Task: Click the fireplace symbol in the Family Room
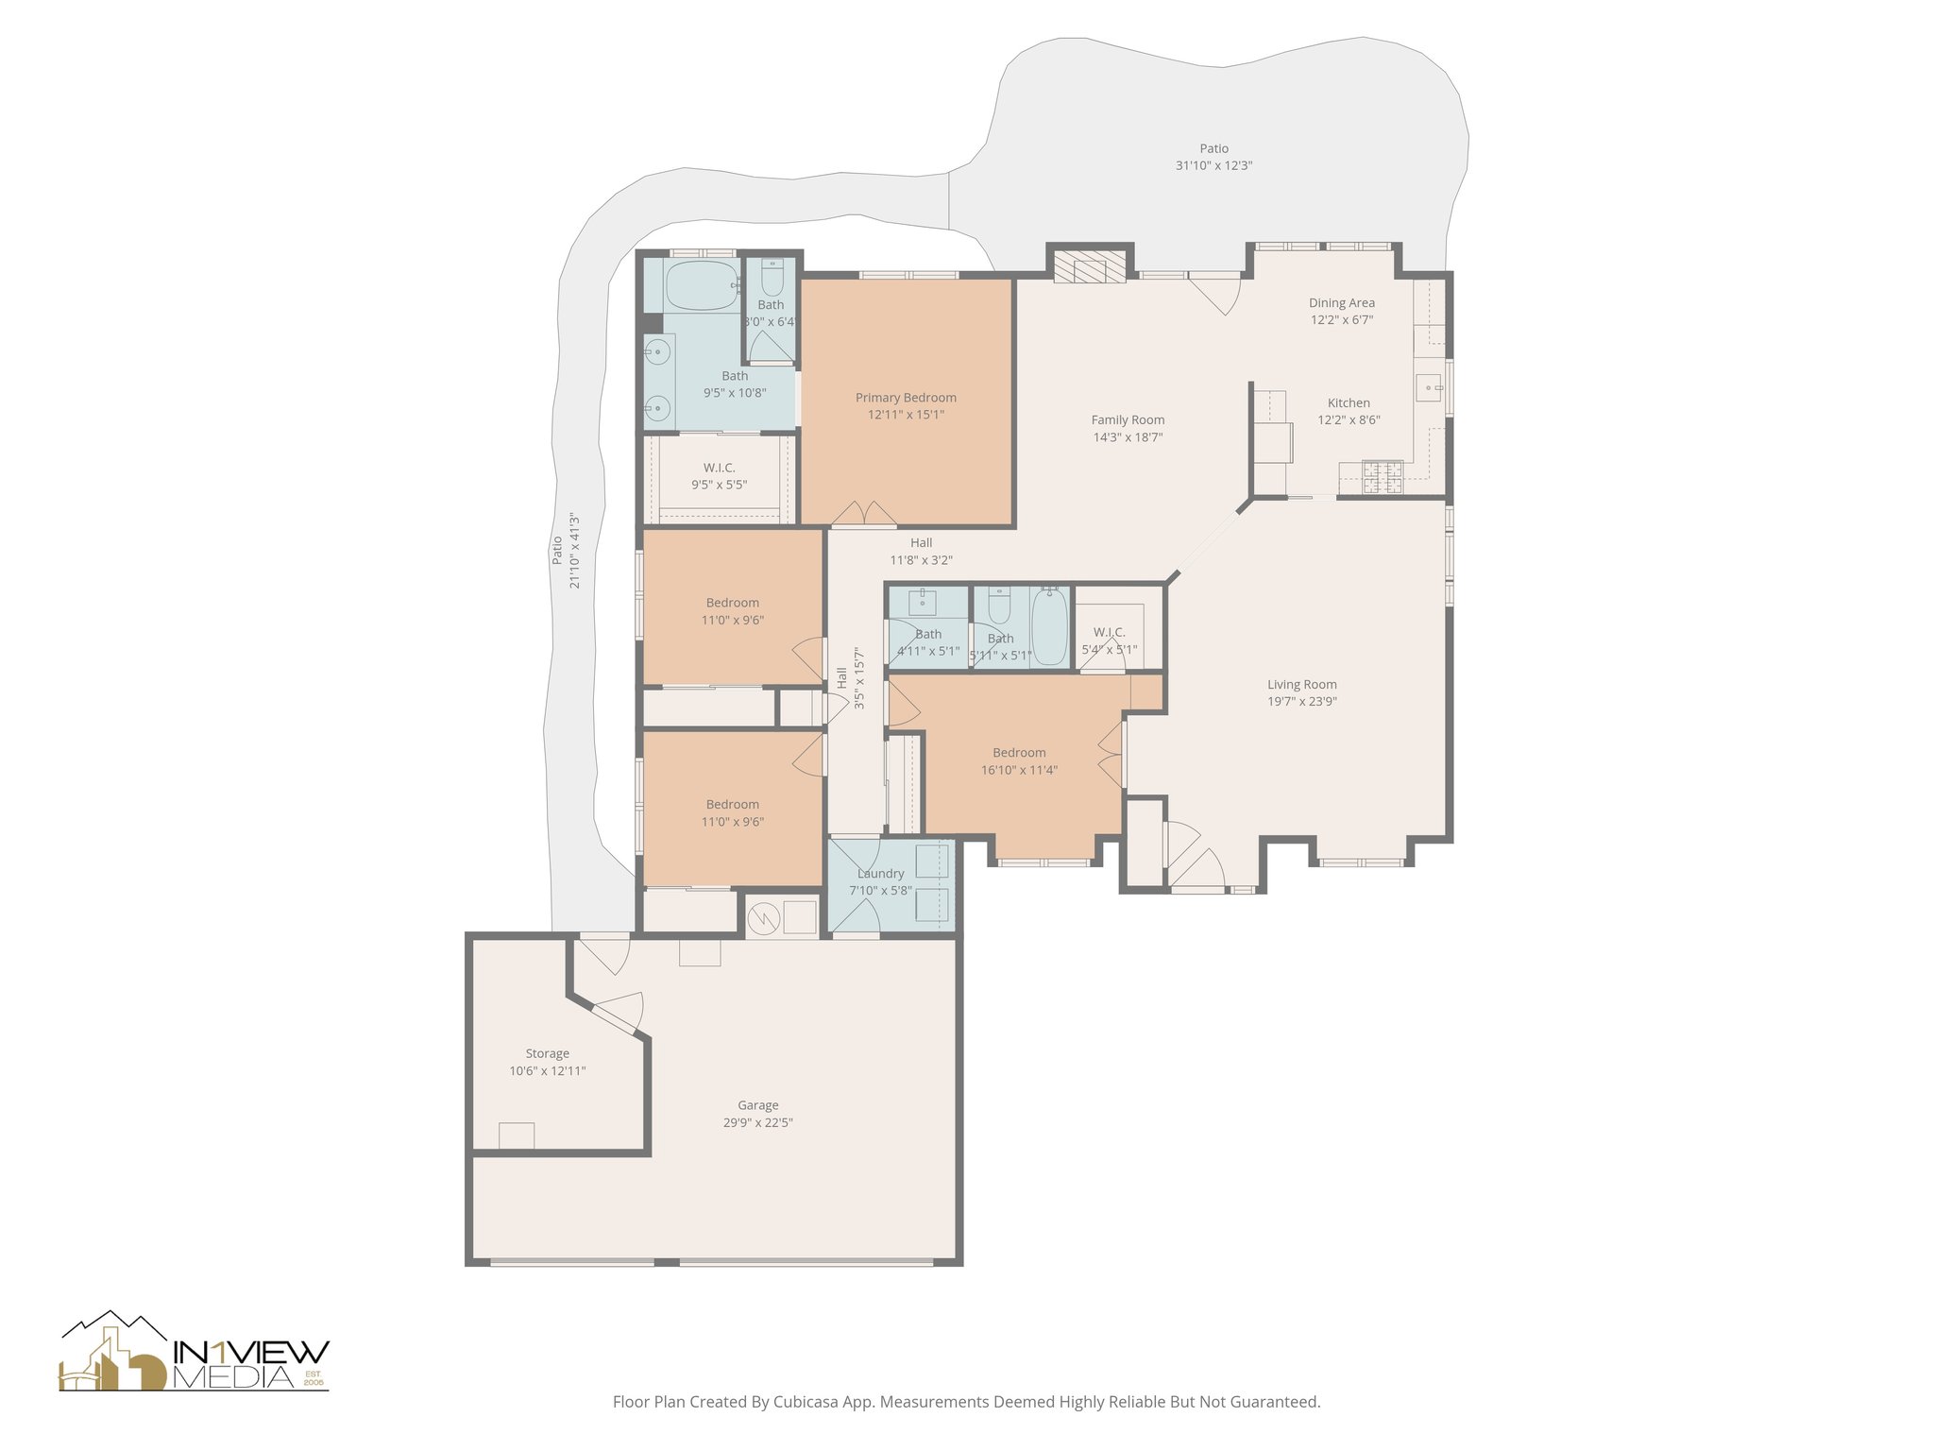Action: point(1090,265)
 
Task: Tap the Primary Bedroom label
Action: point(906,398)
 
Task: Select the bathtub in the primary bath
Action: point(702,286)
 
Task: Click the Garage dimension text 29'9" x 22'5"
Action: point(757,1122)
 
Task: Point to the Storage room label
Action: point(547,1053)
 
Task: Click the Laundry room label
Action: point(880,874)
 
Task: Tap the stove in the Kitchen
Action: point(1383,477)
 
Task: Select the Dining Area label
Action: point(1341,303)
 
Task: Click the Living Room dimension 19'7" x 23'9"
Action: point(1301,702)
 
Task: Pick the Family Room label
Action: point(1128,420)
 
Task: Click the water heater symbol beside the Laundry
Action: point(763,916)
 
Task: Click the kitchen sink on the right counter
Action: point(1430,385)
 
